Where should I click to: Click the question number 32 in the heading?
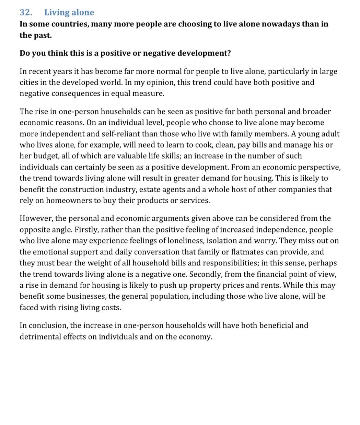(x=26, y=12)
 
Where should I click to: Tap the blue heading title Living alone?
(x=69, y=12)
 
